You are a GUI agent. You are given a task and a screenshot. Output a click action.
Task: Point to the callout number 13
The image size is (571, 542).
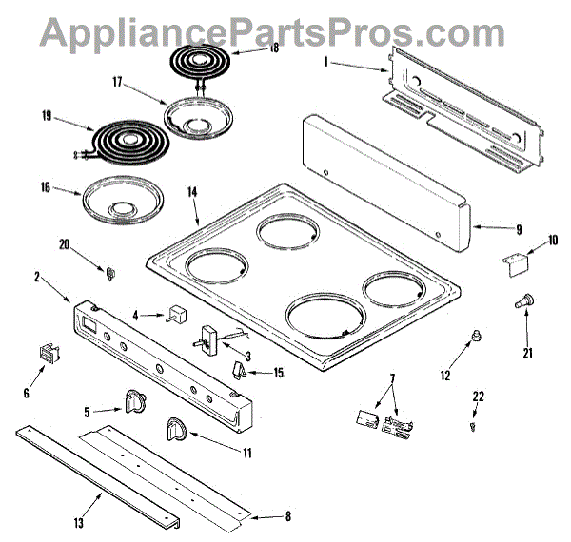point(79,523)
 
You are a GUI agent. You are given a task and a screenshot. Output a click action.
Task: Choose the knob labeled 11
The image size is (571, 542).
point(176,429)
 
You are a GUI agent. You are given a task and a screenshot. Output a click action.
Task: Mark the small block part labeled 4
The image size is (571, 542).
point(173,314)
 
